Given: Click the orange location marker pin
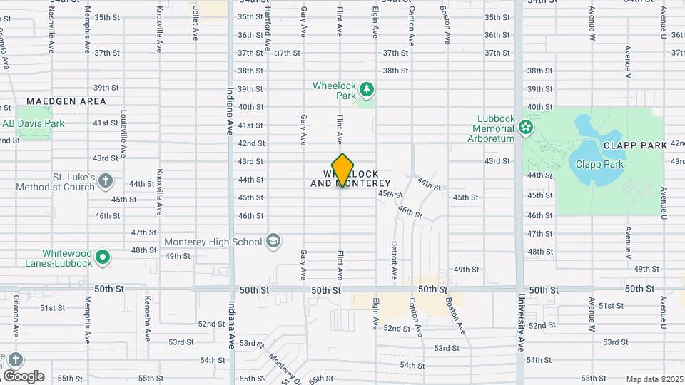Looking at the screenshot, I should coord(343,170).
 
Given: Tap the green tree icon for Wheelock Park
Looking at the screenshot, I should coord(367,89).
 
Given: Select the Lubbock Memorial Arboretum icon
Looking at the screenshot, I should coord(526,128).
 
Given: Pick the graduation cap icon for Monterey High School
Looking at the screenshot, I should coord(273,241).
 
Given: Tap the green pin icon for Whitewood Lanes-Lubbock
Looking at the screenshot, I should coord(103,257).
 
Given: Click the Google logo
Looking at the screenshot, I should coord(24,376).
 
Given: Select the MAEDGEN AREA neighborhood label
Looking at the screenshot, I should coord(66,101).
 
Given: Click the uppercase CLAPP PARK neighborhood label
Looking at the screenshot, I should coord(635,145).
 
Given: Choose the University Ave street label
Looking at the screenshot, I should coord(522,322).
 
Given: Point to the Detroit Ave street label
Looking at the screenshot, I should coord(393,260).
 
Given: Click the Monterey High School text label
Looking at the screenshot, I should coord(213,242).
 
